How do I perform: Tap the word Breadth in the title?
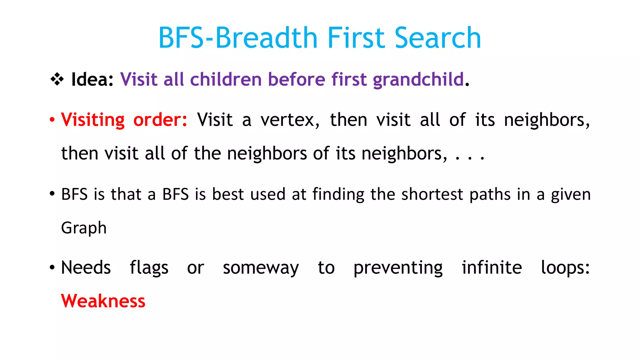coord(267,38)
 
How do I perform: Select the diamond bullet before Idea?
coord(57,79)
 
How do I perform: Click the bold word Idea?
coord(92,79)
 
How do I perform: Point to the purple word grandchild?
coord(418,79)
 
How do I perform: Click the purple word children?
coord(226,79)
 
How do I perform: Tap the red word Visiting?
coord(93,120)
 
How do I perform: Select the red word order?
coord(160,120)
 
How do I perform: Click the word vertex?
coord(290,120)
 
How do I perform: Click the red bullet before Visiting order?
coord(52,120)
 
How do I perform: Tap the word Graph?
coord(84,228)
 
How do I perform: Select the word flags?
coord(149,268)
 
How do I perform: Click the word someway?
coord(261,268)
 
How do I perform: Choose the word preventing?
coord(398,268)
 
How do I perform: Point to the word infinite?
coord(492,267)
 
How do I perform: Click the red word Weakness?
coord(103,301)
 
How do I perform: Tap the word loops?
coord(565,268)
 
